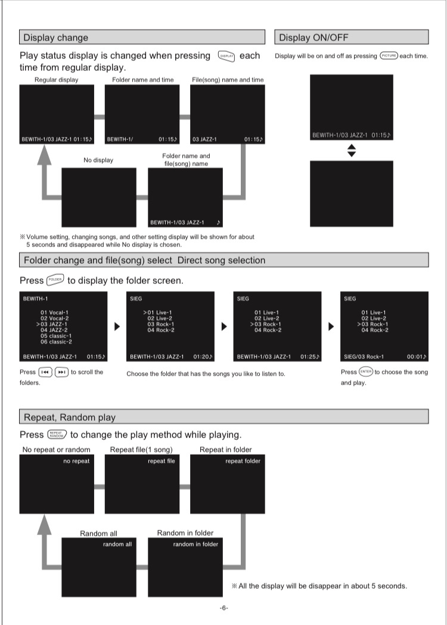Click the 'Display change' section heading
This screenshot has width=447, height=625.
point(55,38)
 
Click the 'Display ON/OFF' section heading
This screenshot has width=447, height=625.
point(313,38)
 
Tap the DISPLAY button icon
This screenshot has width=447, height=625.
point(226,56)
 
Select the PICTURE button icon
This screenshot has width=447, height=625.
point(388,56)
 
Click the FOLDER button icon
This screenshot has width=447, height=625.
point(55,280)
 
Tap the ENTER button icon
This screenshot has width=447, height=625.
point(365,372)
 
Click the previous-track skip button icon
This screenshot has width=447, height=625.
point(45,373)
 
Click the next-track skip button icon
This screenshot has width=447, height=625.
point(61,373)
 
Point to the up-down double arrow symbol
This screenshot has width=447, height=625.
point(351,151)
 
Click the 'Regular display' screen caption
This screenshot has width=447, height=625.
point(56,79)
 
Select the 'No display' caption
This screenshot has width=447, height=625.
point(98,160)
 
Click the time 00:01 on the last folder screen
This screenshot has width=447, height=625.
point(416,357)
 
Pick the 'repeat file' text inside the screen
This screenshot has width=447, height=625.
point(162,461)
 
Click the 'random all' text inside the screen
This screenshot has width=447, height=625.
point(117,544)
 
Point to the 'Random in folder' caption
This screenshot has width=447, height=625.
point(185,533)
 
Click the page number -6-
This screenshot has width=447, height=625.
point(223,608)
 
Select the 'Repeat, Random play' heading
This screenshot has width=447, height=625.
point(70,417)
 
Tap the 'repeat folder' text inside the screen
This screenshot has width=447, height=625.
point(243,461)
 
